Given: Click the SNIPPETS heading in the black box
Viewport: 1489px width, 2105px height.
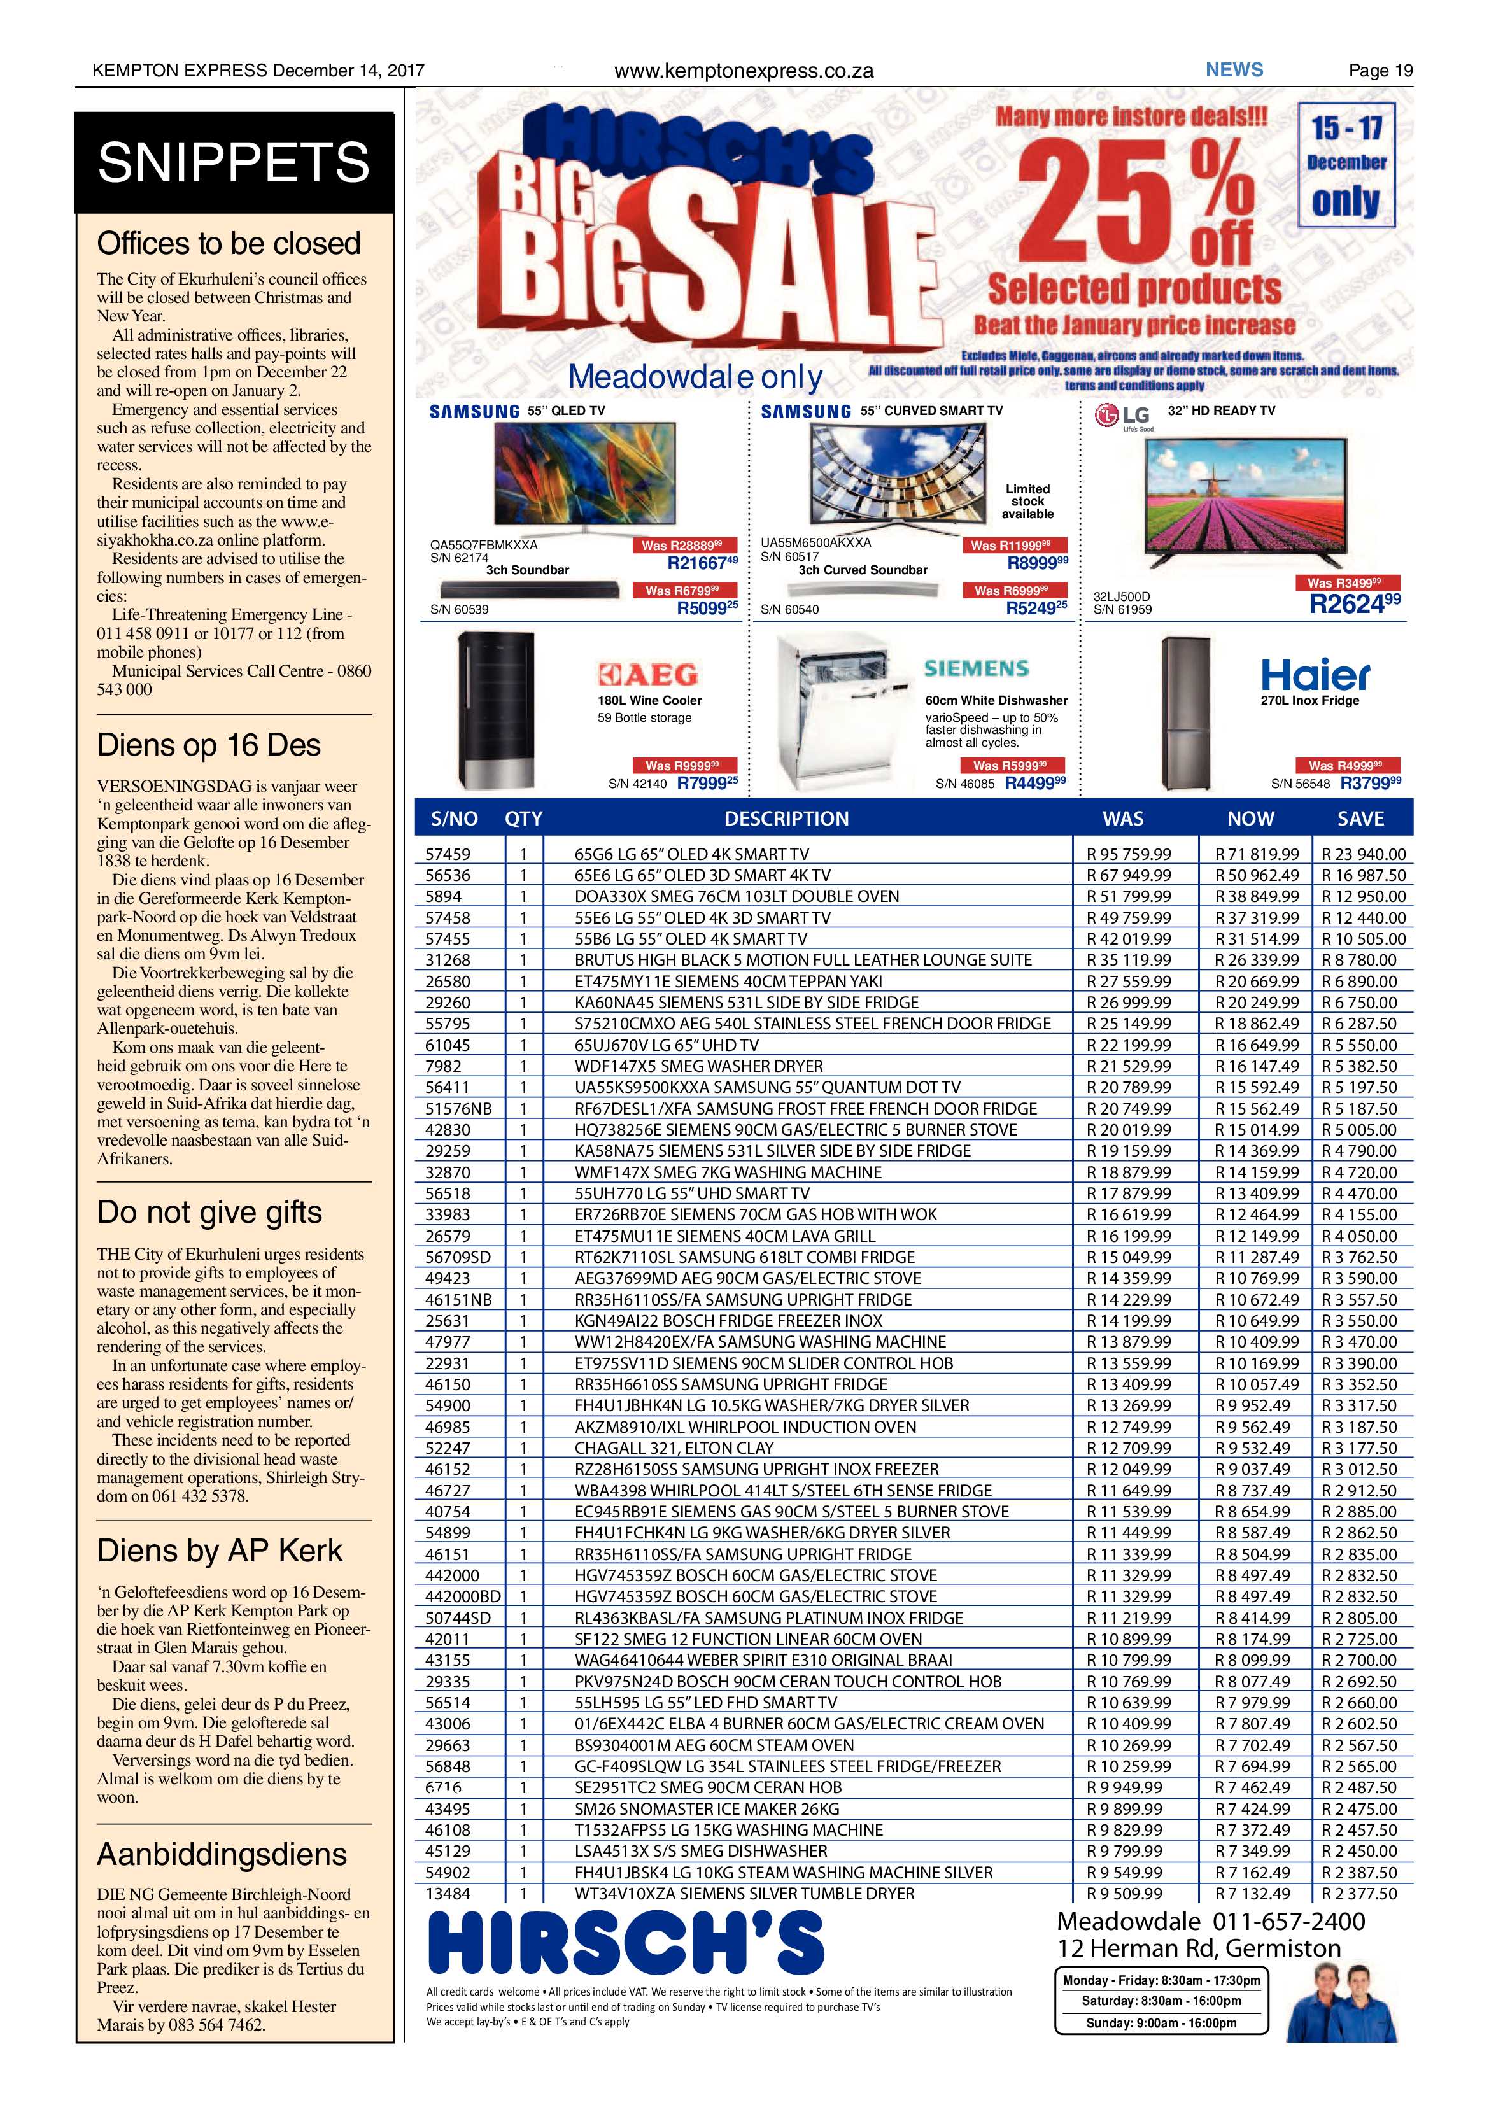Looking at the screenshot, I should (x=233, y=162).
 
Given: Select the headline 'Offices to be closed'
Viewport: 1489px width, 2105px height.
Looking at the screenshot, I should (x=229, y=243).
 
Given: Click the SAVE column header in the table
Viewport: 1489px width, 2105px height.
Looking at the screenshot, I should (x=1360, y=819).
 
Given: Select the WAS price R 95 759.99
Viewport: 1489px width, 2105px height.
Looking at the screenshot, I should (x=1129, y=854).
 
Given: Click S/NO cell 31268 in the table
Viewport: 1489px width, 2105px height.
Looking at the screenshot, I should (x=448, y=959).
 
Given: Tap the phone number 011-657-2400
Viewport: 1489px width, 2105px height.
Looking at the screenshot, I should (x=1289, y=1922).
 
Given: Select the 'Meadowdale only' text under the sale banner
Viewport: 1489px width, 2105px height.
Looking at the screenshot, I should (x=695, y=377).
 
